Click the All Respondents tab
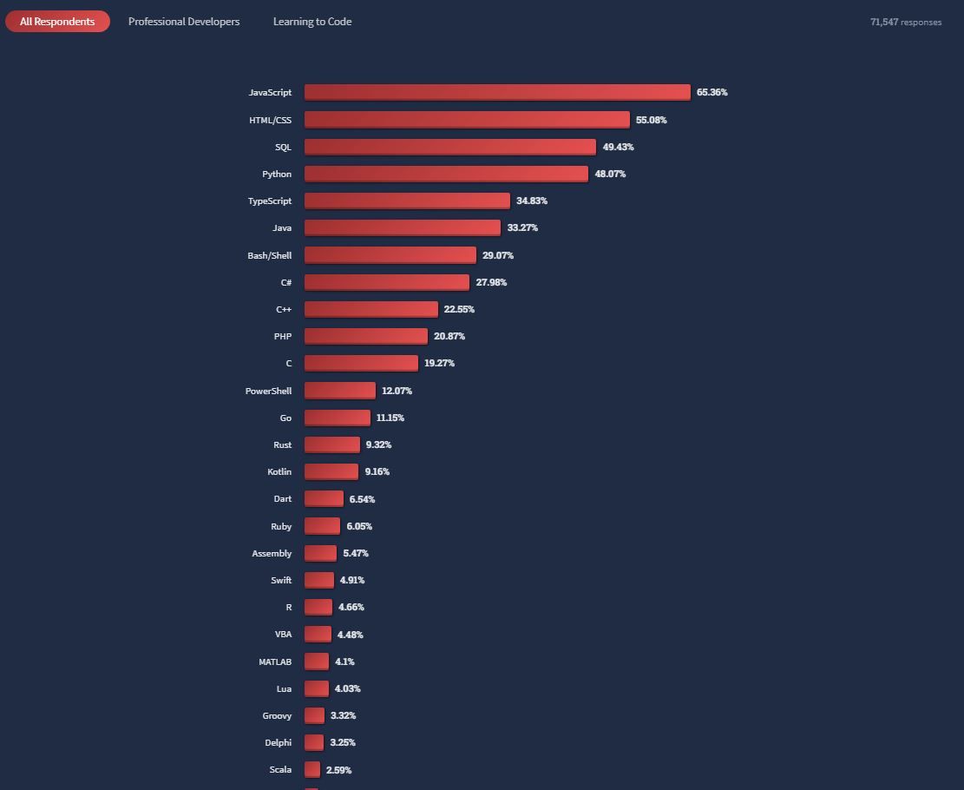[x=57, y=22]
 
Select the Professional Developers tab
[x=184, y=22]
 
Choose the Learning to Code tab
[x=312, y=22]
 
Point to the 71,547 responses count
[x=906, y=23]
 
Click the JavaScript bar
[x=497, y=92]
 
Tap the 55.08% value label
[x=652, y=120]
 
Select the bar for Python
[x=446, y=174]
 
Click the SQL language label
[x=283, y=147]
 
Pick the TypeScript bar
[x=407, y=201]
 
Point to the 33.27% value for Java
[x=522, y=227]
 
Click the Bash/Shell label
[x=270, y=255]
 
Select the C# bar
[x=387, y=282]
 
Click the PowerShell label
[x=269, y=391]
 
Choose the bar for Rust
[x=332, y=444]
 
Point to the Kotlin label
[x=279, y=471]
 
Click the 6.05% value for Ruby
[x=359, y=526]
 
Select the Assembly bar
[x=320, y=553]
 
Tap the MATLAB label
[x=275, y=662]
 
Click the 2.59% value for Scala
[x=339, y=770]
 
